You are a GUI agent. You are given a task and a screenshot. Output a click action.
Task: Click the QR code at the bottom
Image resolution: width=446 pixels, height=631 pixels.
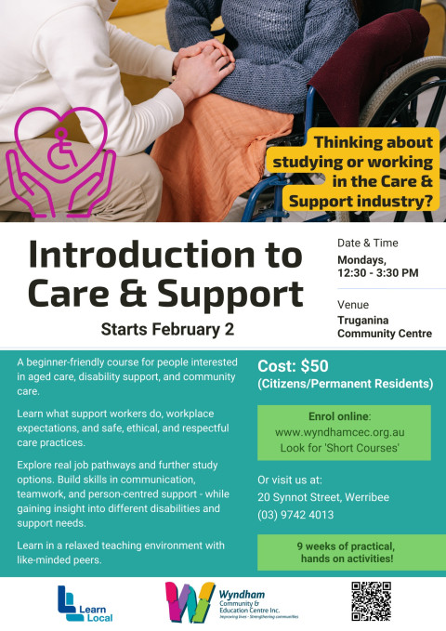(x=371, y=601)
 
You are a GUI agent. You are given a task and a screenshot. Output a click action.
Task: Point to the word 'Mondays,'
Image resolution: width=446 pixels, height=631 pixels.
(x=362, y=259)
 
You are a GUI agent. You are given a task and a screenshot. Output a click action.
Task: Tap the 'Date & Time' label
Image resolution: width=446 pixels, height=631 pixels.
(x=366, y=243)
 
